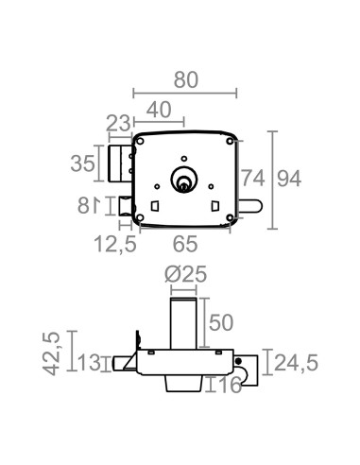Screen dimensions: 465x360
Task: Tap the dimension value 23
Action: [118, 121]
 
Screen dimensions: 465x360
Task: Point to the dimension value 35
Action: [82, 163]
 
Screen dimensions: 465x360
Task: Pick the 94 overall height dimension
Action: [292, 176]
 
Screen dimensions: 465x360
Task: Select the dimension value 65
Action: [185, 245]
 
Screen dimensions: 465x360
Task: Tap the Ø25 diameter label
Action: [185, 275]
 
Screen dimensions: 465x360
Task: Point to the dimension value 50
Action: [220, 321]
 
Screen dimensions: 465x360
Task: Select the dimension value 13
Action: [88, 362]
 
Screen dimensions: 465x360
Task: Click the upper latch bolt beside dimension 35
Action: [119, 162]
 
